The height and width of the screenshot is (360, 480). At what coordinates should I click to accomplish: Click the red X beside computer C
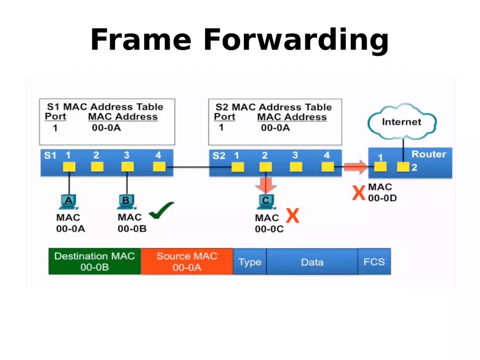(x=293, y=215)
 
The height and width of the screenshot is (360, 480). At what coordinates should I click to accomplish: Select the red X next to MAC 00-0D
(x=358, y=193)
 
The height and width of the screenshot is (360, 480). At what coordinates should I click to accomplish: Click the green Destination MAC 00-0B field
(x=94, y=262)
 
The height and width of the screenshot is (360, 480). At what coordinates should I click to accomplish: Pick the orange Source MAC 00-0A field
(x=187, y=262)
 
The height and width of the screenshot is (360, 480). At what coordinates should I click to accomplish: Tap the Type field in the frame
(x=250, y=262)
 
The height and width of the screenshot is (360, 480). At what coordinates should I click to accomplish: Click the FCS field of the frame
(x=374, y=262)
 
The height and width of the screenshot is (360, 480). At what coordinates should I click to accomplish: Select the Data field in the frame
(x=312, y=262)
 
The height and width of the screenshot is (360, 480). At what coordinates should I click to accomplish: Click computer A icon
(x=69, y=202)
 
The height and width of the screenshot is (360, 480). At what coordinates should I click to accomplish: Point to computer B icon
(x=126, y=202)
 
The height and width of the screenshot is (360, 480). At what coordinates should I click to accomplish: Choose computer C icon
(x=266, y=202)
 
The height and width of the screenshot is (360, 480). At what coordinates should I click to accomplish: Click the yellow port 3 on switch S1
(x=127, y=167)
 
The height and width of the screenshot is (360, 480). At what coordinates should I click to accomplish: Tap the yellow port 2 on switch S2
(x=266, y=167)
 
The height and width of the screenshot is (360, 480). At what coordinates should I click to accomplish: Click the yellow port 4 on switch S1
(x=159, y=167)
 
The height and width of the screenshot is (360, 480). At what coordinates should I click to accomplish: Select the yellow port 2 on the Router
(x=403, y=167)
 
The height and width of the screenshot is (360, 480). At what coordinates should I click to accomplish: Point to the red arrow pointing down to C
(x=266, y=184)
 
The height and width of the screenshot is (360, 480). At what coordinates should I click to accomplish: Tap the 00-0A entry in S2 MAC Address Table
(x=275, y=128)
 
